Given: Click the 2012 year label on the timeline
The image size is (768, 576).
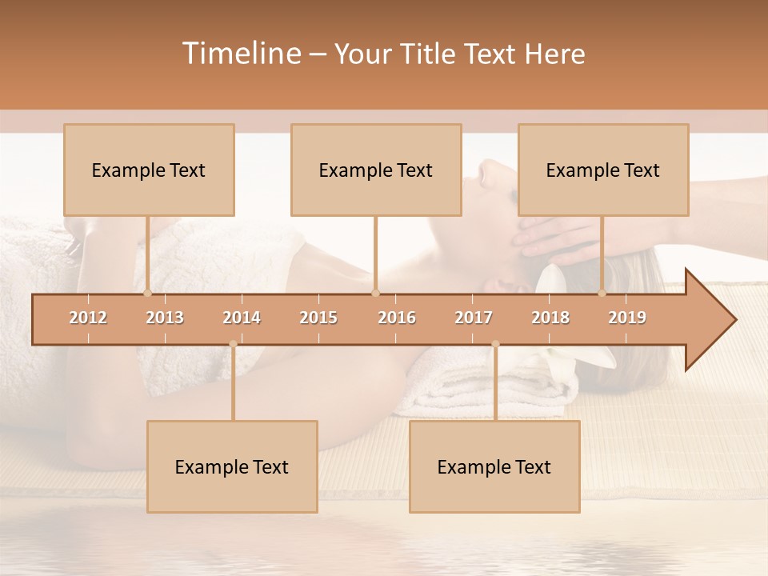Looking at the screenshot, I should point(88,318).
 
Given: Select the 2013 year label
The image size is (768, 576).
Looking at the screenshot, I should point(165,318).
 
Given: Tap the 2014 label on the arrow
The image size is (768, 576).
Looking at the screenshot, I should point(242,318).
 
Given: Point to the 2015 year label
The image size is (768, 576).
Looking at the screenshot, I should point(318,318).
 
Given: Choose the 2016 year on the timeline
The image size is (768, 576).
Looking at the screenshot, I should point(397,318).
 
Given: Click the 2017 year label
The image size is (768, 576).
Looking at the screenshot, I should point(474,318).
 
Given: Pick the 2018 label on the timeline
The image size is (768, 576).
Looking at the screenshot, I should point(550,318).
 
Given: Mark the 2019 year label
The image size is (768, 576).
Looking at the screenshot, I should point(627,318).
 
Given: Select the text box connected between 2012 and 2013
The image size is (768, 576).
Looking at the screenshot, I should point(149,170).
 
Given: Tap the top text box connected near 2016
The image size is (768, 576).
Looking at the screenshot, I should point(376,170).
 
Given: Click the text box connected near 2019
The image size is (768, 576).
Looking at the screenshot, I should point(603,170).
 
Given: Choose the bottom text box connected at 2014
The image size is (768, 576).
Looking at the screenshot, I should point(232,466).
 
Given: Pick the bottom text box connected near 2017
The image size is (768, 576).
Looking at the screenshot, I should point(494,466).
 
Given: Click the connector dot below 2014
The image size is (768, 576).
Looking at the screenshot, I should point(233,344).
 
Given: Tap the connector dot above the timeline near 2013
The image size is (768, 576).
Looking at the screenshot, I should point(147,293).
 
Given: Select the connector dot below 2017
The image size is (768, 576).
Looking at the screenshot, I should point(495,344).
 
